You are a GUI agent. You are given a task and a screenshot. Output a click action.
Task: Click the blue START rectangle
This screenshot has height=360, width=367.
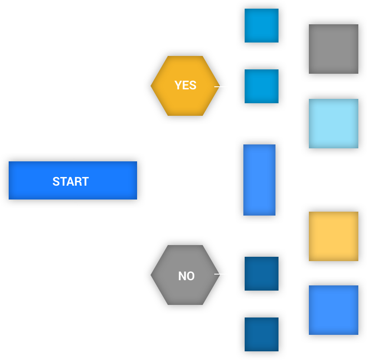click(x=72, y=180)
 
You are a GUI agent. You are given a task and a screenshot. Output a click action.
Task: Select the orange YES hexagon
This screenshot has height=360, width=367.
click(x=185, y=86)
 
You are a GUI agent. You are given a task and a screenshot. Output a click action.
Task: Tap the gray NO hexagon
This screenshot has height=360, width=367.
click(x=185, y=275)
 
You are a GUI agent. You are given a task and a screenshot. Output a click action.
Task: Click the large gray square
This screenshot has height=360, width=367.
click(x=333, y=49)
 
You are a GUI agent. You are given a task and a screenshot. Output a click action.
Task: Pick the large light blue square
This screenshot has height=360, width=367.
click(x=333, y=124)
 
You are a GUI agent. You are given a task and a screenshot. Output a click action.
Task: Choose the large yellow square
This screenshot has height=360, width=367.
click(x=333, y=236)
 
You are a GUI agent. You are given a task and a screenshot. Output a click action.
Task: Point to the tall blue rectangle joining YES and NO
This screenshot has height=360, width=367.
click(x=259, y=180)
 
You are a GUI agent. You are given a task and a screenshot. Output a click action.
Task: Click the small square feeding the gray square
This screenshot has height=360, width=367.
click(x=261, y=86)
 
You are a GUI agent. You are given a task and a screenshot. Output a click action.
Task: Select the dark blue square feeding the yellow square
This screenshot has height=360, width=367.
click(x=261, y=274)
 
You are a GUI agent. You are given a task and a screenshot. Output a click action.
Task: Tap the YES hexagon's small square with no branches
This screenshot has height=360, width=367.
click(x=261, y=26)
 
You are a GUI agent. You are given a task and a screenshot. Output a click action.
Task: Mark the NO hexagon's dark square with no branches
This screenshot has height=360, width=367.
click(x=261, y=334)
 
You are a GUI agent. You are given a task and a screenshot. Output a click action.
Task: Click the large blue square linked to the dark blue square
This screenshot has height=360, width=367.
click(x=333, y=310)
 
